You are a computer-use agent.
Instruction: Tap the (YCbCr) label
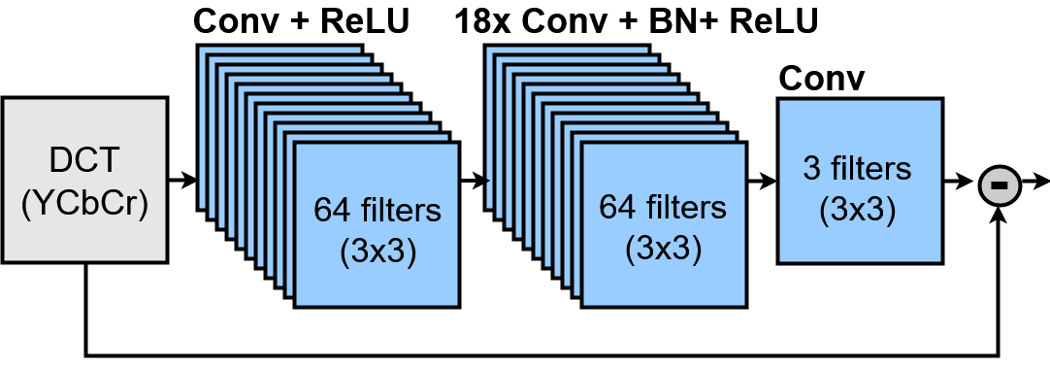point(84,204)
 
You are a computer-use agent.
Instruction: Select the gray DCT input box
point(84,181)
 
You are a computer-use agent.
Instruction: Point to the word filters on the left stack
point(400,210)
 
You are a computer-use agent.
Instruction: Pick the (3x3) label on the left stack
point(377,251)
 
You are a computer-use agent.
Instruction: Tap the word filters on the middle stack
point(685,207)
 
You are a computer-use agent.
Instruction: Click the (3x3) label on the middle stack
point(663,249)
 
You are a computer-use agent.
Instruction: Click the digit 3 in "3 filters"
point(811,169)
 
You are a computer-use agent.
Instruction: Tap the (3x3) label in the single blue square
point(858,210)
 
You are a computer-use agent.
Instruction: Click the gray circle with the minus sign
point(1000,184)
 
